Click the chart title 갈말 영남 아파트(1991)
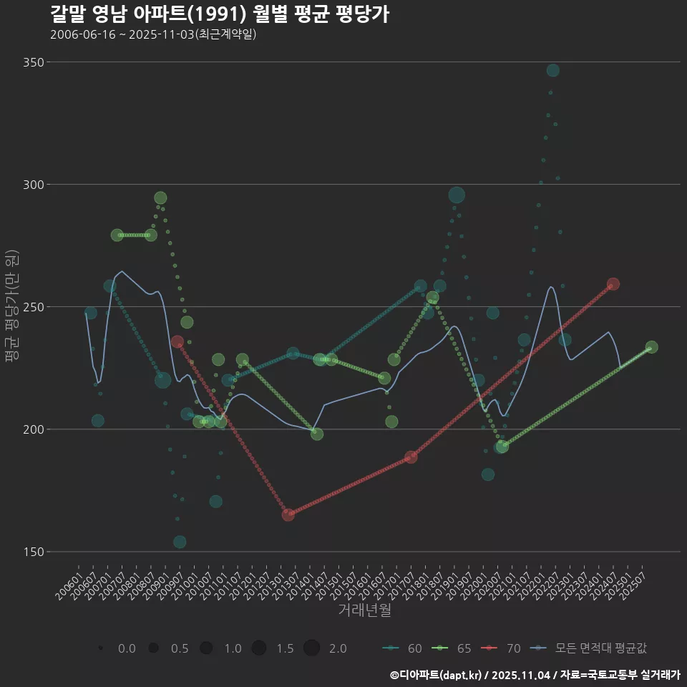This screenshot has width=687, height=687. (x=220, y=14)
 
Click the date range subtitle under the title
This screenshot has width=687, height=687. (x=153, y=34)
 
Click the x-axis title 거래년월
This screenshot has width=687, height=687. (x=364, y=610)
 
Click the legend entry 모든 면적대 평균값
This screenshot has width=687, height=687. (x=590, y=648)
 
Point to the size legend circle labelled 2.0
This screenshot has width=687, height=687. (x=311, y=648)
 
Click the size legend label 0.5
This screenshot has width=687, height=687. (x=180, y=648)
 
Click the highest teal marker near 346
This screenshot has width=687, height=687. (x=552, y=70)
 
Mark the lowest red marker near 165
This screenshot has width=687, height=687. (x=288, y=515)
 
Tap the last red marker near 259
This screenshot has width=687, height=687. (x=613, y=284)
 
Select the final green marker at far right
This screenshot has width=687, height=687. (x=651, y=347)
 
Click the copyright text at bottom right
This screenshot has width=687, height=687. (x=535, y=675)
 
